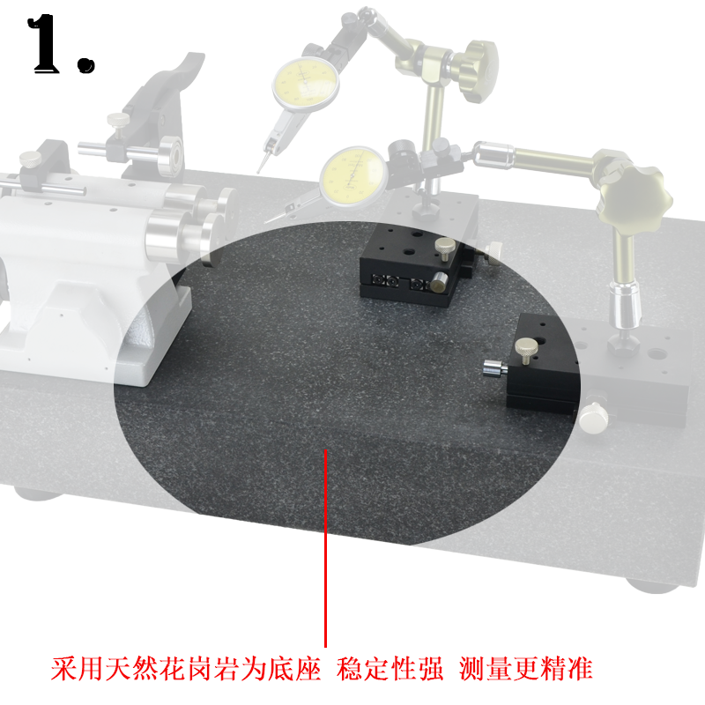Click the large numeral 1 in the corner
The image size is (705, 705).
coord(44,43)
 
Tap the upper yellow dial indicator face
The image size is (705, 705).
coord(306,85)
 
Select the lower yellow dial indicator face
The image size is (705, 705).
coord(354,177)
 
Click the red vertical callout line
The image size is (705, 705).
coord(325,547)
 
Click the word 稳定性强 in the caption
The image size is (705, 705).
coord(390,669)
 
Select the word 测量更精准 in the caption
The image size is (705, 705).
coord(525,669)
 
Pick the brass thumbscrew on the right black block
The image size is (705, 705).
coord(526,350)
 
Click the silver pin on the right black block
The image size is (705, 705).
coord(494,368)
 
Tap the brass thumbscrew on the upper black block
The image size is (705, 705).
coord(445,249)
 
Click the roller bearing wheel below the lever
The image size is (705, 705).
coord(171,156)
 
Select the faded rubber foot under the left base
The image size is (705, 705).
coord(38,493)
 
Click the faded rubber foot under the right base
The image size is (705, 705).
coord(651,586)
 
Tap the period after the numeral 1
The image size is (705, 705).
coord(85,63)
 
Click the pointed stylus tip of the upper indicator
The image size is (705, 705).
coord(259,170)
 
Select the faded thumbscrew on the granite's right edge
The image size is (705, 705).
coord(593,418)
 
